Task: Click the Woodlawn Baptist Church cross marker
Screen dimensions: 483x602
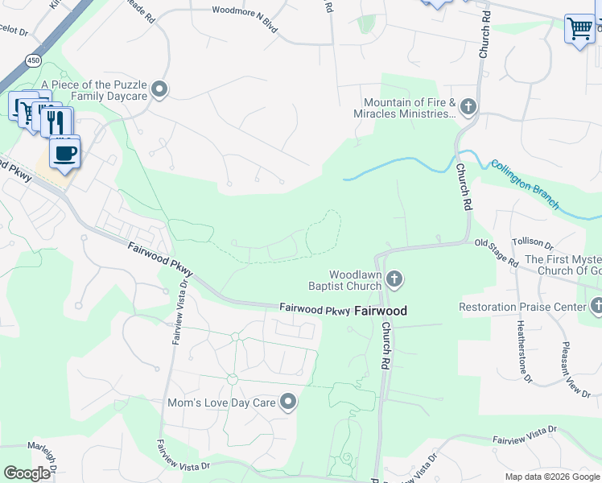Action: [394, 280]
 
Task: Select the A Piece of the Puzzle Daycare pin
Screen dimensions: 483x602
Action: [159, 89]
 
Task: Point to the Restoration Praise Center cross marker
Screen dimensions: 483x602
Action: [596, 307]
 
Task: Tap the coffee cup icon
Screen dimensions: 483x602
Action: [64, 152]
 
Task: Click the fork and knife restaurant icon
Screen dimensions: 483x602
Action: [56, 122]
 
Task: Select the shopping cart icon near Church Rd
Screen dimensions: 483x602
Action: [579, 29]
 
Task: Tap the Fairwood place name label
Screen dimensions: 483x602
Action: [381, 311]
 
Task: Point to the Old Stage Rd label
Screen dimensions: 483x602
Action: [496, 252]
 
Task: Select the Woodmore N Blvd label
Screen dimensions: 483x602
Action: [245, 11]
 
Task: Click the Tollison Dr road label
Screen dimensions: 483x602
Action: [533, 243]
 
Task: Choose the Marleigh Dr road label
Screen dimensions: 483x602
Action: [41, 456]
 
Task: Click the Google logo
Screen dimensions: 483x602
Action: [27, 474]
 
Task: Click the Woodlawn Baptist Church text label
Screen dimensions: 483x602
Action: [344, 279]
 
